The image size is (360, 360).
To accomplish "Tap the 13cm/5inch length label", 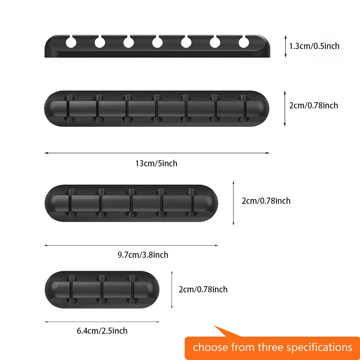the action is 156,163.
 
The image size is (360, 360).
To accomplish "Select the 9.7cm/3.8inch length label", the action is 143,255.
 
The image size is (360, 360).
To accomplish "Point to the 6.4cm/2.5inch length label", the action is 102,330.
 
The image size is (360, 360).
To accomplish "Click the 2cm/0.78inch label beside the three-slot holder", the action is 203,289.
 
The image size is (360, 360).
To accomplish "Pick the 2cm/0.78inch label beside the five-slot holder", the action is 266,201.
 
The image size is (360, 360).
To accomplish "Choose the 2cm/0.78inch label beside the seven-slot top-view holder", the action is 314,105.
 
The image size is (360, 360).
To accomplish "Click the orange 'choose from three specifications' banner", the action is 272,347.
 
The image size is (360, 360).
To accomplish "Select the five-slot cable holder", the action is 131,203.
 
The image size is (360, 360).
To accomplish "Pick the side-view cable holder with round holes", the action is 157,46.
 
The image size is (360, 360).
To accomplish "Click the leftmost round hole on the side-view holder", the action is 71,43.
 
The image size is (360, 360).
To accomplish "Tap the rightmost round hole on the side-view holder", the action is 244,43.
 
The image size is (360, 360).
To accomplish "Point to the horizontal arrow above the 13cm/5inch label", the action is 157,153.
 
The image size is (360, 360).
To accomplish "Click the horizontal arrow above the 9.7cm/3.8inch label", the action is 131,246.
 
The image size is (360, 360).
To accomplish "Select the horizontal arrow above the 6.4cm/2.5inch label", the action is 102,321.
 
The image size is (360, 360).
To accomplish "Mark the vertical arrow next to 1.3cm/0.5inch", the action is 285,46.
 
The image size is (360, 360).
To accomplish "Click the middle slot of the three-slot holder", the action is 102,289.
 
